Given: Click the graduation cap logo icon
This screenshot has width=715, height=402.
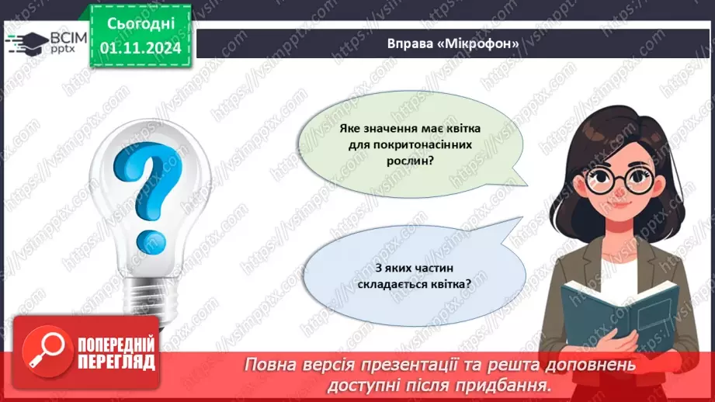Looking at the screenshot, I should tap(26, 43).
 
